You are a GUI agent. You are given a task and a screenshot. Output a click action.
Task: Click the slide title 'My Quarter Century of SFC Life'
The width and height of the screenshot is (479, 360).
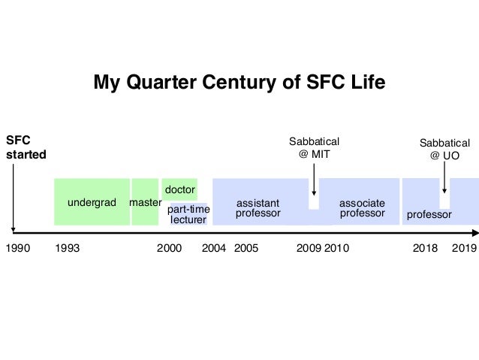pyautogui.click(x=239, y=82)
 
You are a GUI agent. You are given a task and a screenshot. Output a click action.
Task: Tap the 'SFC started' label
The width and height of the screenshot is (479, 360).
pyautogui.click(x=26, y=147)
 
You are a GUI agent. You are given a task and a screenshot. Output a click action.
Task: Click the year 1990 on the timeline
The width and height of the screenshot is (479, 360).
pyautogui.click(x=17, y=248)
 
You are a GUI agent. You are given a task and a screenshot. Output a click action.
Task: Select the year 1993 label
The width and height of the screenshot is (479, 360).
pyautogui.click(x=68, y=248)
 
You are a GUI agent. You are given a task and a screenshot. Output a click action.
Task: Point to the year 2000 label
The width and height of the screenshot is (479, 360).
pyautogui.click(x=169, y=248)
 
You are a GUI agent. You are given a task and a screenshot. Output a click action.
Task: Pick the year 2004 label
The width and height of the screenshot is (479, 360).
pyautogui.click(x=214, y=248)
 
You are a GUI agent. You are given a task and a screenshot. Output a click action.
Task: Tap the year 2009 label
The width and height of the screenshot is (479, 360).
pyautogui.click(x=309, y=248)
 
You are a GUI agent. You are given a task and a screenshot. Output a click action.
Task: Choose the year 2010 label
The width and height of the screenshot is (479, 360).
pyautogui.click(x=337, y=248)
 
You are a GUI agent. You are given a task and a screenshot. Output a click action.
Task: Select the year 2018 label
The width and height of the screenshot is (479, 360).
pyautogui.click(x=426, y=248)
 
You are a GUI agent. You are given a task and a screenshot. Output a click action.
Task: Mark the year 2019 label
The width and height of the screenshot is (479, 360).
pyautogui.click(x=465, y=248)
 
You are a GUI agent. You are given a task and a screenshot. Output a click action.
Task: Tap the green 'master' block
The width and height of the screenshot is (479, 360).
pyautogui.click(x=146, y=202)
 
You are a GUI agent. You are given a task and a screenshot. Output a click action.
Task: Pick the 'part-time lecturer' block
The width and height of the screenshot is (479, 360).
pyautogui.click(x=188, y=214)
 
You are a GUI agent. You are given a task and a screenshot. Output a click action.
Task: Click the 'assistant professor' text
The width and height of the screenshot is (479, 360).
pyautogui.click(x=258, y=208)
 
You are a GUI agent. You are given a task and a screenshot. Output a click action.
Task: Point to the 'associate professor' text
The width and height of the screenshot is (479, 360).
pyautogui.click(x=362, y=208)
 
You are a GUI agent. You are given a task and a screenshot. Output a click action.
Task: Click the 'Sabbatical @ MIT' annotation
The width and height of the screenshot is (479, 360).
pyautogui.click(x=315, y=148)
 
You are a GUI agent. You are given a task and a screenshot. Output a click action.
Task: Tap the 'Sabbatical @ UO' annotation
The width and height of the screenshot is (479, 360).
pyautogui.click(x=444, y=149)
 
